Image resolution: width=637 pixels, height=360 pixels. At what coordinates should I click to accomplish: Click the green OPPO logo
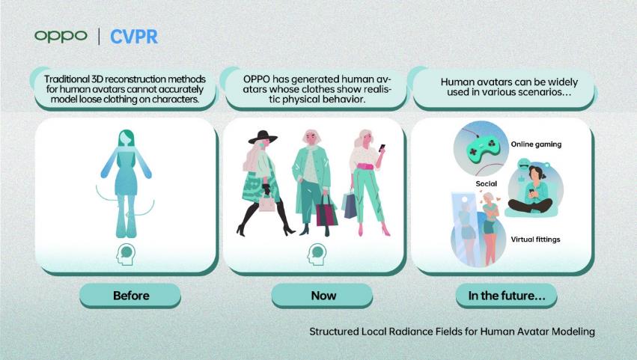click(x=61, y=36)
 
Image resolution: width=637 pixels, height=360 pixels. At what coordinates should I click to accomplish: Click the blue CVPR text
click(x=134, y=37)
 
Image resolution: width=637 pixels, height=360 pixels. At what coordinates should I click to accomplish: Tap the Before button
click(x=130, y=296)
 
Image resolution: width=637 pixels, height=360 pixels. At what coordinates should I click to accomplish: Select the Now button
click(x=322, y=296)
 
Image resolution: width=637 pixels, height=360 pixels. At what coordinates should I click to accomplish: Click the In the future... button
click(x=506, y=296)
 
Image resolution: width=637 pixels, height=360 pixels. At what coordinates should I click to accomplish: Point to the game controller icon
click(x=481, y=148)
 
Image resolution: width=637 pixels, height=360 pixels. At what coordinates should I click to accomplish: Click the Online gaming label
click(x=536, y=144)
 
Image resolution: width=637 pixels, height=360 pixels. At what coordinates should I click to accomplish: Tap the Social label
click(x=487, y=183)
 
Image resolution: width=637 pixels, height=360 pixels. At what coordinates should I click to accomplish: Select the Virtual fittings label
click(x=535, y=240)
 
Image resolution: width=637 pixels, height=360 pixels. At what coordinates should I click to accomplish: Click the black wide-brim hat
click(x=263, y=137)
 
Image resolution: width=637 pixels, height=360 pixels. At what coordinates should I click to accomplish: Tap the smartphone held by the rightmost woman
click(x=382, y=148)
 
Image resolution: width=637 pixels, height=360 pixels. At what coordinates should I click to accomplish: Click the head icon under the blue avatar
click(x=126, y=254)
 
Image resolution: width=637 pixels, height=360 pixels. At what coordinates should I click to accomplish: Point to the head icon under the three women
click(x=317, y=254)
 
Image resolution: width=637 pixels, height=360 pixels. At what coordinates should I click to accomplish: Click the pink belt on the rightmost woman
click(x=365, y=166)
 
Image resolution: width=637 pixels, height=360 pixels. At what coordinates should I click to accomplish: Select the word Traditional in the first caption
click(x=67, y=79)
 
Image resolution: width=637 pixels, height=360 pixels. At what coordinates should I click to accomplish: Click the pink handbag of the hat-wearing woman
click(x=267, y=202)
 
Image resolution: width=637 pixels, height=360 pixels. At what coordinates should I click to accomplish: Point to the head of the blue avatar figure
click(x=126, y=139)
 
